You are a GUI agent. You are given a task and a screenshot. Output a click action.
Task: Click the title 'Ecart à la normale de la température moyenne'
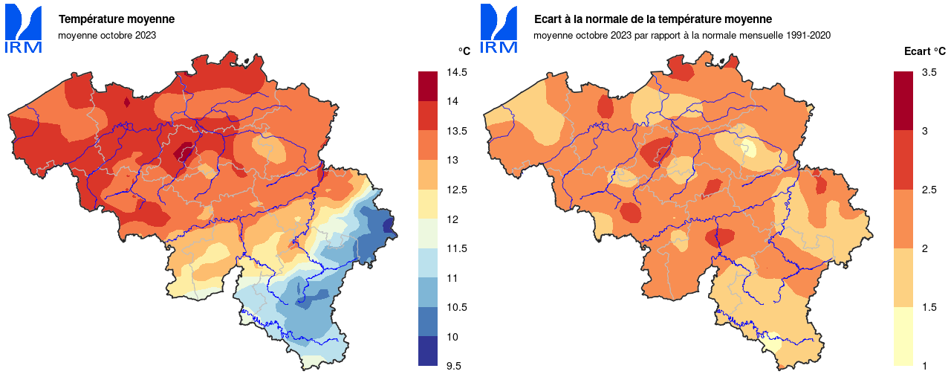[652, 19]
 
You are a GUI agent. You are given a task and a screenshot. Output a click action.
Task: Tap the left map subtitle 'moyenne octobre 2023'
[107, 35]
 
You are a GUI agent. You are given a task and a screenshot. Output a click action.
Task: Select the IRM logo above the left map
[23, 29]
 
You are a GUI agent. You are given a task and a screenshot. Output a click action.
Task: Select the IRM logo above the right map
[499, 29]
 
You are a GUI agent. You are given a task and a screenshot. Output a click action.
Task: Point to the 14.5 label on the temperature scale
[457, 73]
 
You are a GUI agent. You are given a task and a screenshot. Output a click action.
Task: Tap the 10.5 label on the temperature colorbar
[457, 307]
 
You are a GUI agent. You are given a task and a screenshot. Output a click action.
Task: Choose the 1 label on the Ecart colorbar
[924, 365]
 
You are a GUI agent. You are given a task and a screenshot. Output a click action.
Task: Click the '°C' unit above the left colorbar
[464, 51]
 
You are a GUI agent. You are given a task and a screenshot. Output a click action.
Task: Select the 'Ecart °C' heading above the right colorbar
[924, 51]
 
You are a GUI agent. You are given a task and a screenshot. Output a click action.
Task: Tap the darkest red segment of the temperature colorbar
[428, 86]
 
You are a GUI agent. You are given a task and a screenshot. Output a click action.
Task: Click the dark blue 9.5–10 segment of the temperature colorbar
[428, 351]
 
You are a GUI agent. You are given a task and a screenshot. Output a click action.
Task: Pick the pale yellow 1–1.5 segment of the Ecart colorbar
[903, 336]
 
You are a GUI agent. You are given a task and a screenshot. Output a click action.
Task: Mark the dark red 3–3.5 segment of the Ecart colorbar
[903, 100]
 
